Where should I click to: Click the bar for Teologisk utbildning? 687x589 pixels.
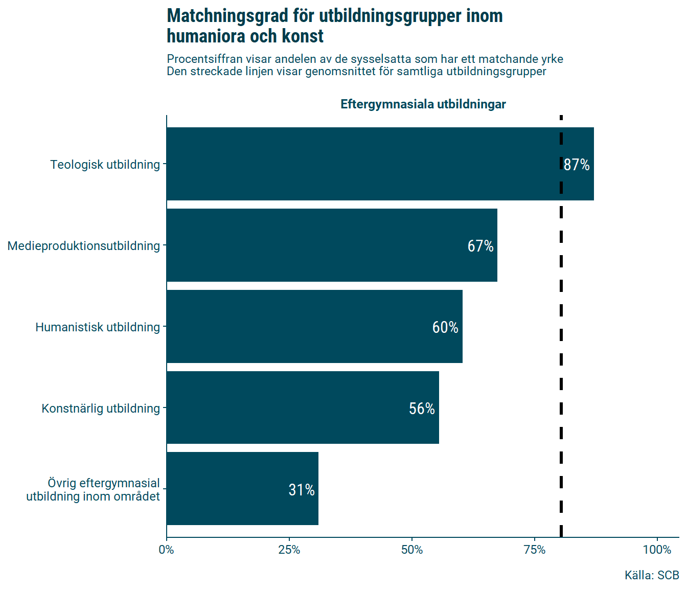tap(358, 164)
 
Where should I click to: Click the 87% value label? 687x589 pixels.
tap(577, 165)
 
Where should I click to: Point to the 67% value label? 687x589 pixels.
tap(480, 246)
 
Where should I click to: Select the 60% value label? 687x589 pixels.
tap(445, 327)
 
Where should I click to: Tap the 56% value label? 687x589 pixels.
tap(422, 409)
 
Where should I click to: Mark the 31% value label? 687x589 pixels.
tap(302, 490)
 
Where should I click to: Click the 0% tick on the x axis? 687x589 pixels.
tap(167, 550)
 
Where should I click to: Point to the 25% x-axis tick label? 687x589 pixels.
tap(289, 550)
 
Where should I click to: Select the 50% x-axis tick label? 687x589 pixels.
tap(412, 550)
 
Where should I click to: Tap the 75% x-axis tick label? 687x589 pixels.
tap(535, 550)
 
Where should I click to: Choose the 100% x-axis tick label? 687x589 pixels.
tap(657, 550)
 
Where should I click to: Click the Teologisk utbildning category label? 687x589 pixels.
tap(105, 165)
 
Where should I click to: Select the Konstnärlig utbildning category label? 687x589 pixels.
tap(101, 409)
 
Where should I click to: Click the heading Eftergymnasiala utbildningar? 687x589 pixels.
tap(423, 104)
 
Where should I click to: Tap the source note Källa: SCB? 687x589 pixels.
tap(652, 575)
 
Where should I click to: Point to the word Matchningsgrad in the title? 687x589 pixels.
tap(227, 16)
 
